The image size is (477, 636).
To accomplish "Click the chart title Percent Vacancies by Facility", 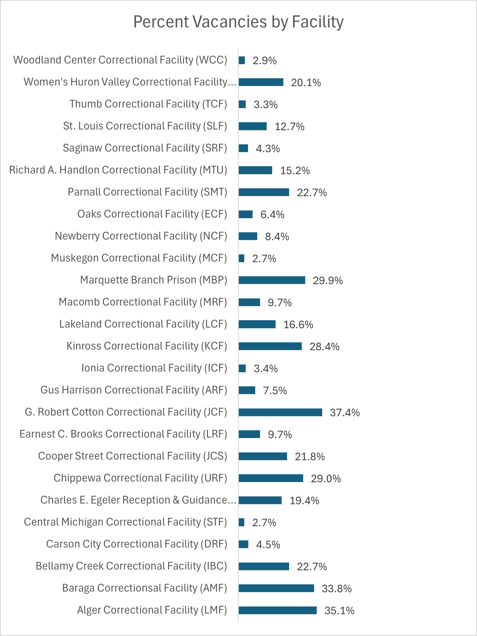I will click(238, 22).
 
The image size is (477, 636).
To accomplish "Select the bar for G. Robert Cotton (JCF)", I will click(280, 412).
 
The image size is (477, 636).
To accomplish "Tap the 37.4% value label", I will click(345, 413).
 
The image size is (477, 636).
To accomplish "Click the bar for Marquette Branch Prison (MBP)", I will click(272, 280).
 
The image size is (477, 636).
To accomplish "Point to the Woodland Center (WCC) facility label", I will click(120, 60).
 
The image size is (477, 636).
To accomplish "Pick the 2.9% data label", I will click(265, 61).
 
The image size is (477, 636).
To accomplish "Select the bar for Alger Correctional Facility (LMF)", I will click(278, 610).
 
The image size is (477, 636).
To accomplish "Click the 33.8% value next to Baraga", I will click(336, 589).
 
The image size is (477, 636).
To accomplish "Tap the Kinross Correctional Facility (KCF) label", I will click(147, 346).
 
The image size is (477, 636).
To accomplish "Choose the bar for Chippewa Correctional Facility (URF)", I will click(271, 478).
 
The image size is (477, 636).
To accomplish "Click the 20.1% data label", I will click(306, 82).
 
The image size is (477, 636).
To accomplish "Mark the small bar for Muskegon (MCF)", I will click(242, 258).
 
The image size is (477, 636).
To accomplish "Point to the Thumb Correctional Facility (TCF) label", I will click(148, 104).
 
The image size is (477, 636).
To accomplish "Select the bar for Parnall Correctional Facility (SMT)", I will click(264, 192).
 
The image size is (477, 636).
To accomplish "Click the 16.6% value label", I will click(298, 325).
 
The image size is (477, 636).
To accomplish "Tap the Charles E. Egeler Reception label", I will click(138, 500).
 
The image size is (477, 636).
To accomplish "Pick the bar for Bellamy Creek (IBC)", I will click(264, 566).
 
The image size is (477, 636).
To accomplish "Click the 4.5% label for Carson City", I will click(268, 545).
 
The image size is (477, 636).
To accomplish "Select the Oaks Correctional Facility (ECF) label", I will click(152, 214).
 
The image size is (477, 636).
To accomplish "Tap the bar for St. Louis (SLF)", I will click(253, 126).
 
